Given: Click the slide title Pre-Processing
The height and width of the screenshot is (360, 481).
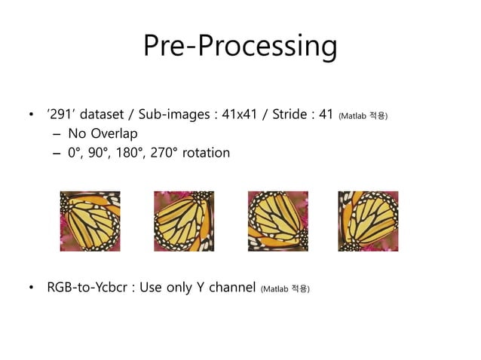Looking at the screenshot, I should click(240, 47).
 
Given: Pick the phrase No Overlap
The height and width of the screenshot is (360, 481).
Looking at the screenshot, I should click(103, 134).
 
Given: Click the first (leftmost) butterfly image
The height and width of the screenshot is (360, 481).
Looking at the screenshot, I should click(90, 221).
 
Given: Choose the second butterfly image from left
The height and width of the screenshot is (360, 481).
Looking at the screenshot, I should click(184, 221).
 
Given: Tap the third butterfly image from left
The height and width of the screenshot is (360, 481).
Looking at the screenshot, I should click(277, 221).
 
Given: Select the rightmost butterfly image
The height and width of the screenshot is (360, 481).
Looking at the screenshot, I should click(368, 221).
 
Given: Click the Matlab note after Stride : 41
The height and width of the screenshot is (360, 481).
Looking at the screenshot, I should click(363, 117).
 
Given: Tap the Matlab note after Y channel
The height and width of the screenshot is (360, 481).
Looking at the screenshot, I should click(285, 288).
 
